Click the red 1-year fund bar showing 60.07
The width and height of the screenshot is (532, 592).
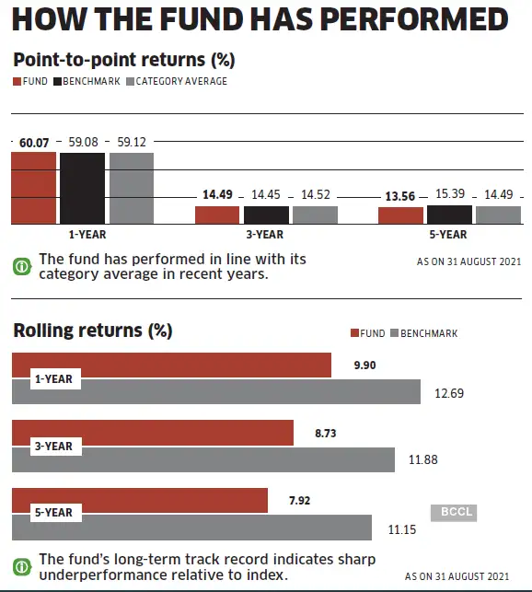pyautogui.click(x=34, y=189)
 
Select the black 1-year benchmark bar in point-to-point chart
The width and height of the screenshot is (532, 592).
pyautogui.click(x=82, y=189)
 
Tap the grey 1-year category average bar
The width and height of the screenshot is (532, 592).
pyautogui.click(x=131, y=189)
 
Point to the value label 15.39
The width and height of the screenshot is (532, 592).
pyautogui.click(x=450, y=195)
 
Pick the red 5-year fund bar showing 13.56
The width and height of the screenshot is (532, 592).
pyautogui.click(x=400, y=216)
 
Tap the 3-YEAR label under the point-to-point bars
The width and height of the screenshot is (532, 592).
pyautogui.click(x=265, y=235)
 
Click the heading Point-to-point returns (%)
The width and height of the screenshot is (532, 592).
pyautogui.click(x=124, y=60)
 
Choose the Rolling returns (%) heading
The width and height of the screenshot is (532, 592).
pyautogui.click(x=92, y=330)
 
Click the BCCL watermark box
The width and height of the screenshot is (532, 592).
pyautogui.click(x=453, y=513)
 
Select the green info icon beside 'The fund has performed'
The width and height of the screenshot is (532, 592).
pyautogui.click(x=21, y=267)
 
